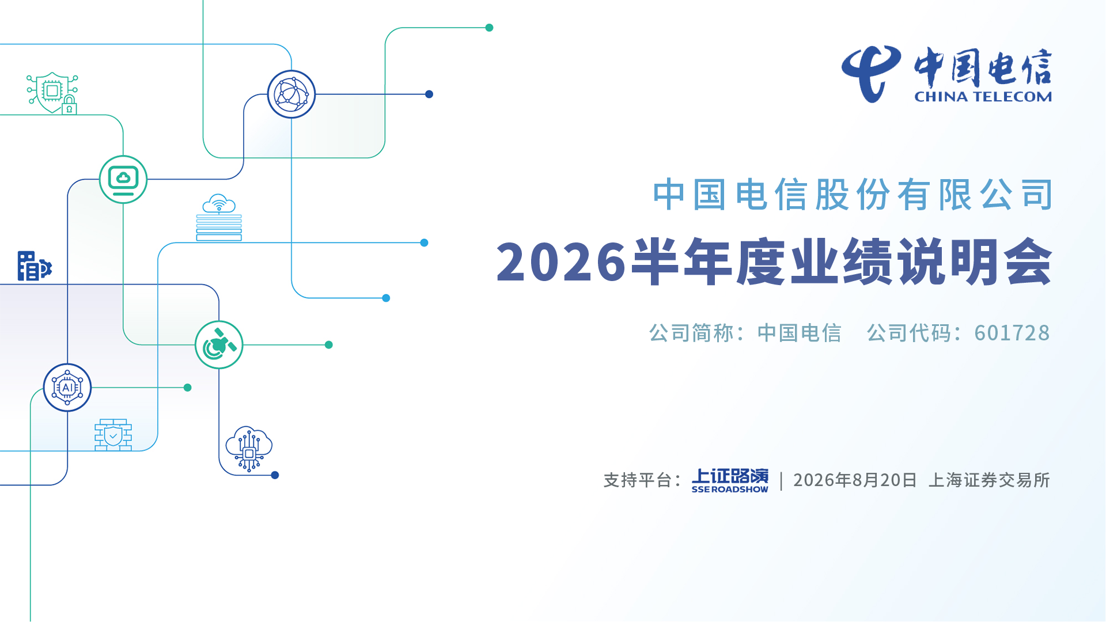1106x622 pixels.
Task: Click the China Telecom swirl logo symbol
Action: pos(870,74)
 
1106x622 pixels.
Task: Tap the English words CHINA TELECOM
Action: pos(983,97)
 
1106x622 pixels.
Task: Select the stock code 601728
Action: pos(1012,333)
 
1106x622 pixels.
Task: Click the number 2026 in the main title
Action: pos(561,262)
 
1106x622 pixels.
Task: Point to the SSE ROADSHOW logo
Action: pos(730,480)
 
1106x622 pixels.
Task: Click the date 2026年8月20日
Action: pos(855,480)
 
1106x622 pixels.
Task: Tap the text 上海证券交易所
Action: pos(989,480)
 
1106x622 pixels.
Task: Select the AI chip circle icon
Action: pos(67,388)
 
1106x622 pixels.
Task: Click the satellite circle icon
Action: pos(219,345)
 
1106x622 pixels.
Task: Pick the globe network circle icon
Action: pos(291,94)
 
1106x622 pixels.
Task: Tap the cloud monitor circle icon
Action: pos(123,180)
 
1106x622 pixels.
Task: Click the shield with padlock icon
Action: pos(52,93)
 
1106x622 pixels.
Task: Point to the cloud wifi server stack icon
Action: pos(219,218)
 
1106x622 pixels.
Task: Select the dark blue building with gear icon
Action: pos(35,266)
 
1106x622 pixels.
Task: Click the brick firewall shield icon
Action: pos(113,435)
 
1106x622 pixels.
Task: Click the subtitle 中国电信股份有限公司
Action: pos(853,195)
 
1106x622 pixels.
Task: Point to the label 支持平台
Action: pos(638,480)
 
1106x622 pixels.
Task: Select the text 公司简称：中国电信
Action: pos(745,333)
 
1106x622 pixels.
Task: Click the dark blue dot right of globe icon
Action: pos(429,94)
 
